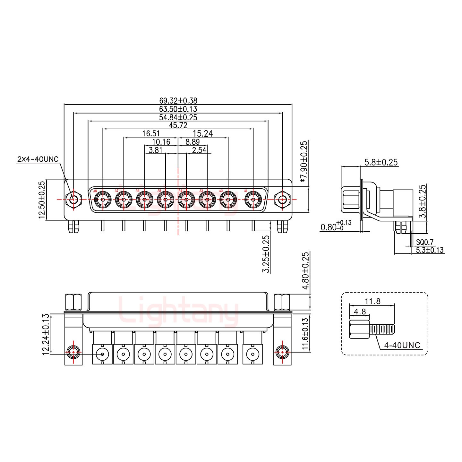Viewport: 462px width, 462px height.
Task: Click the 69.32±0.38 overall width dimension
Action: (x=178, y=101)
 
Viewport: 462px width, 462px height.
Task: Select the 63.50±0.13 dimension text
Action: (x=178, y=109)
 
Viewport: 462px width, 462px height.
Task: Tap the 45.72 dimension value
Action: (x=178, y=125)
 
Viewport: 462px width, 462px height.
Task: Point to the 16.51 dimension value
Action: (x=150, y=133)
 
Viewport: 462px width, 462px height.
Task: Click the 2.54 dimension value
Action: (x=199, y=150)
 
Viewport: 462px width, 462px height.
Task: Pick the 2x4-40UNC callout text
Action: (x=38, y=159)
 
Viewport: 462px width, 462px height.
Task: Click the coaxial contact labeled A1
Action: (x=253, y=200)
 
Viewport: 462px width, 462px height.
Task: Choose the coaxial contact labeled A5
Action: (x=165, y=200)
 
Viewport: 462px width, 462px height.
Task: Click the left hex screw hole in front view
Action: (x=73, y=200)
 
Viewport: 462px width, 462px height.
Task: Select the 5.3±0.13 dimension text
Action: (x=430, y=250)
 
